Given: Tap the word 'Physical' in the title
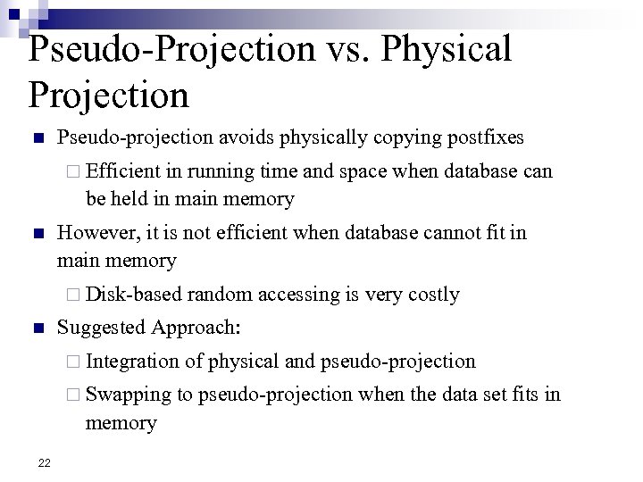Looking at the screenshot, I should [x=450, y=50].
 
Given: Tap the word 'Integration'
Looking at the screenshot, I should [x=133, y=361].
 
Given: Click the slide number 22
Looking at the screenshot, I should [x=44, y=462].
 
